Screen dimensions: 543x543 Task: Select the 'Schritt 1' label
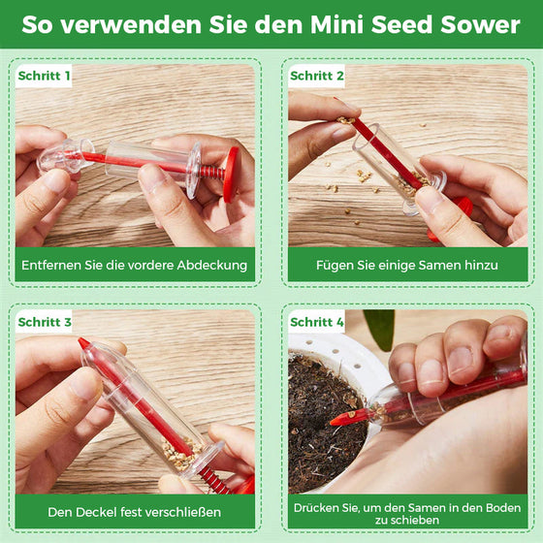tap(44, 75)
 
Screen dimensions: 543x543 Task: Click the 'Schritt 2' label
tap(317, 75)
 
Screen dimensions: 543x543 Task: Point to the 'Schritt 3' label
tap(45, 322)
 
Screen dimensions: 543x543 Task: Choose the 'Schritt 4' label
tap(317, 322)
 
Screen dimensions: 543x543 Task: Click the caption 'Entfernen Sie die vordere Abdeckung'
tap(135, 264)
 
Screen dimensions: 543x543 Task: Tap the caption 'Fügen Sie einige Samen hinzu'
tap(408, 264)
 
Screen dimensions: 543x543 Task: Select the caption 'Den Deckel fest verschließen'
tap(135, 511)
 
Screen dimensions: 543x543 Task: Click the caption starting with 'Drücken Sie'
tap(408, 511)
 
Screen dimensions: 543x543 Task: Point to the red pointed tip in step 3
tap(85, 344)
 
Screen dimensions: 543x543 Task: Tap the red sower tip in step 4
tap(341, 418)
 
